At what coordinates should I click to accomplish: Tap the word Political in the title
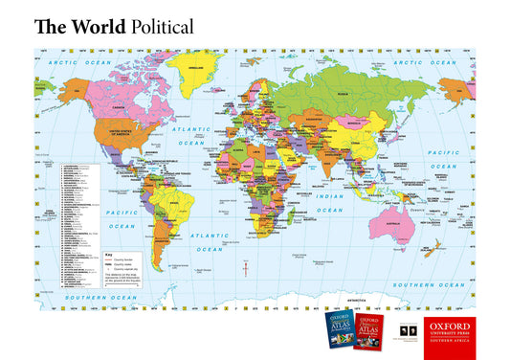tap(161, 27)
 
